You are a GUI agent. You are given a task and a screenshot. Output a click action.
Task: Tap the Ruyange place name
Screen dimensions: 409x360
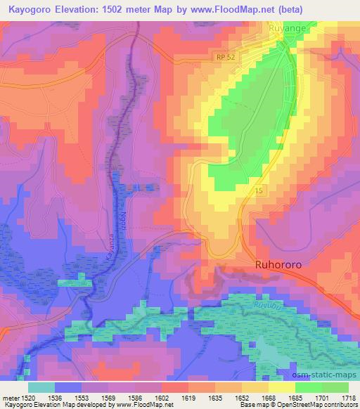(x=288, y=29)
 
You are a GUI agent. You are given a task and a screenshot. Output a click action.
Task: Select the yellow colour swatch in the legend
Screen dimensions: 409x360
(x=282, y=387)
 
